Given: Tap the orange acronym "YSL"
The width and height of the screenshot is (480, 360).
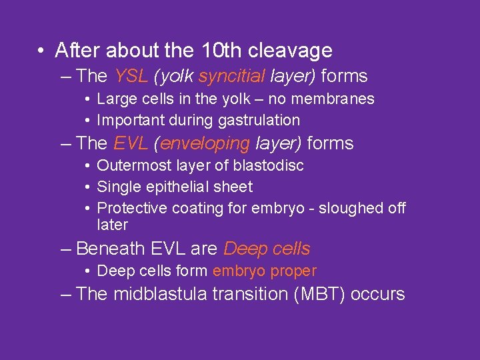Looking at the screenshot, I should (131, 76).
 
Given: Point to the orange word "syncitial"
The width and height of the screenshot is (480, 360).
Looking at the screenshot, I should (230, 76).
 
